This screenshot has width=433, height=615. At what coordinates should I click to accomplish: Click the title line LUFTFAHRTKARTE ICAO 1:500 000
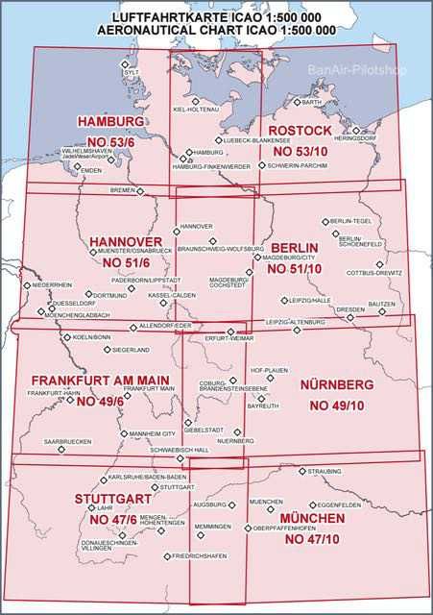coord(216,17)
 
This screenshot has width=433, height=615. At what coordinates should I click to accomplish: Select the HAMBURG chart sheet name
coord(111,122)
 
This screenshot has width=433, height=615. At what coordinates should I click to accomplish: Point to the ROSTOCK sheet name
coord(301,131)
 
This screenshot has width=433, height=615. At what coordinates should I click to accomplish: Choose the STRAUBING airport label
coord(325,472)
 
